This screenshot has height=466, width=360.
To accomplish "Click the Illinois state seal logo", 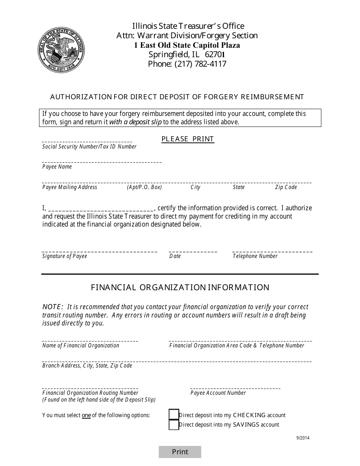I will pyautogui.click(x=61, y=50).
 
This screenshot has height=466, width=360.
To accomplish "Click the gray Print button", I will pyautogui.click(x=180, y=452).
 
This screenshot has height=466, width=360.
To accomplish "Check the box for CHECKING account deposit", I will pyautogui.click(x=174, y=415).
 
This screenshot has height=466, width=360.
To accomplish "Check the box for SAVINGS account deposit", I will pyautogui.click(x=174, y=425).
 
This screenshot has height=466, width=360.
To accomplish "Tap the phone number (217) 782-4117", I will pyautogui.click(x=187, y=64).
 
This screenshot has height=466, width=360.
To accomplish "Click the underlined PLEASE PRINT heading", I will pyautogui.click(x=188, y=139).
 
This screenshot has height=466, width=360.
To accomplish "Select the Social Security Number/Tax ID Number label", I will pyautogui.click(x=89, y=147).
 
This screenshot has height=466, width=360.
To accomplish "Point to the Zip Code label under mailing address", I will pyautogui.click(x=286, y=187).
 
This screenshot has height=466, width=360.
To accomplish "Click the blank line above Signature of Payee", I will pyautogui.click(x=99, y=251).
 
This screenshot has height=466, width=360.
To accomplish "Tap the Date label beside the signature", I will pyautogui.click(x=175, y=256).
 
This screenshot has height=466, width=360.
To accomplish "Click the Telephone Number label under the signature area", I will pyautogui.click(x=255, y=256).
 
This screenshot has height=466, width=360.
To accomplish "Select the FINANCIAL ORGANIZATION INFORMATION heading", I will pyautogui.click(x=180, y=287).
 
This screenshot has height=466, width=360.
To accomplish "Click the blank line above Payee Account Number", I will pyautogui.click(x=235, y=388).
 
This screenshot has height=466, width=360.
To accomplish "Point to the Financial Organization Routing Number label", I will pyautogui.click(x=90, y=393).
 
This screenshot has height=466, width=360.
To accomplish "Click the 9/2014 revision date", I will pyautogui.click(x=303, y=438).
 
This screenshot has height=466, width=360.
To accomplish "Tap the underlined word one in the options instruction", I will pyautogui.click(x=86, y=415).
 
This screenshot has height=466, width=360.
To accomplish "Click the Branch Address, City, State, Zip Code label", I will pyautogui.click(x=87, y=366).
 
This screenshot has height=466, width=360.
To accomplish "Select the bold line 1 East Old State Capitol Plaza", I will pyautogui.click(x=187, y=45).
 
